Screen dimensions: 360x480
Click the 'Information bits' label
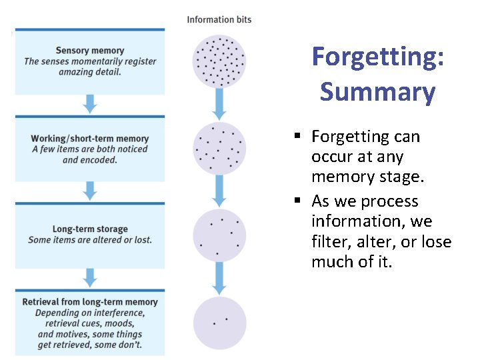219,19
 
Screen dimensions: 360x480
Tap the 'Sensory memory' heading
90,51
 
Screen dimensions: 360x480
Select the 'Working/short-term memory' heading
90,139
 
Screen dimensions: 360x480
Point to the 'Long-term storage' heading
90,229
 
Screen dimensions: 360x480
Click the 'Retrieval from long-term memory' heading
90,302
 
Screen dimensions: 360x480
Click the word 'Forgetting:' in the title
378,57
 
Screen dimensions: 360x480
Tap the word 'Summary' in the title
377,91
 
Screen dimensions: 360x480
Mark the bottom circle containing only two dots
219,323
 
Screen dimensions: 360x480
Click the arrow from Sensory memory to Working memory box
90,104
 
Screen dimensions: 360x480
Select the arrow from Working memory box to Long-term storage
90,191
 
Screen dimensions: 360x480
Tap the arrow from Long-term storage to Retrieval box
90,277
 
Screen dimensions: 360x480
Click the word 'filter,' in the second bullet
331,242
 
